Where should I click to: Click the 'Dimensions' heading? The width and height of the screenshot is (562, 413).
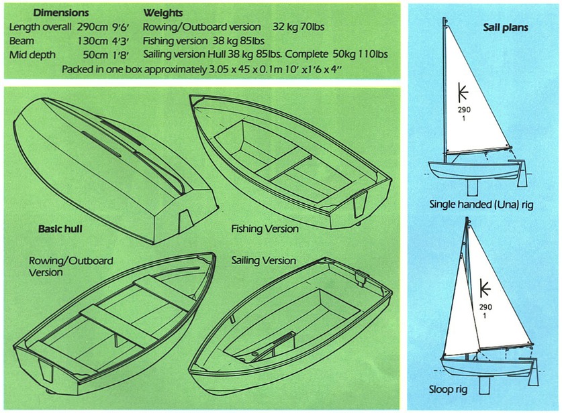60,13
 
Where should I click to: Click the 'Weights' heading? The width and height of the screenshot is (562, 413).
163,13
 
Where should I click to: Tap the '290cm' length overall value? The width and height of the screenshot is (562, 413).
93,27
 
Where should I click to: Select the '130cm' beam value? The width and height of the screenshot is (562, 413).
93,41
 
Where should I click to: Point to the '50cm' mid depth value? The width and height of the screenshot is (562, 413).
95,55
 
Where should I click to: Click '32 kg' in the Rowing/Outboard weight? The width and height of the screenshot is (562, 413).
284,27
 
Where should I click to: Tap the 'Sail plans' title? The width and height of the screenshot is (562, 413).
506,27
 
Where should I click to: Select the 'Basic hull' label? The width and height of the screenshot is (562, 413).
60,229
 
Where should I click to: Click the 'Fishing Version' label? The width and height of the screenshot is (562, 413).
265,229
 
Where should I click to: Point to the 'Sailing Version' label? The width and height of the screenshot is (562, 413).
264,261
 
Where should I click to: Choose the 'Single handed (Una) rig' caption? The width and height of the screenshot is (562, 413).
481,204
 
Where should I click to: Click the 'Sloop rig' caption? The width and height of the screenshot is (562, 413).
448,389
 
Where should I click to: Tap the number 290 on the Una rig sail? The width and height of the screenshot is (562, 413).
464,110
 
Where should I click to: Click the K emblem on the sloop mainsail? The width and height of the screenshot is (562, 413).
485,288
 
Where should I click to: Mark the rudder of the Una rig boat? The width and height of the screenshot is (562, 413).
522,174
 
